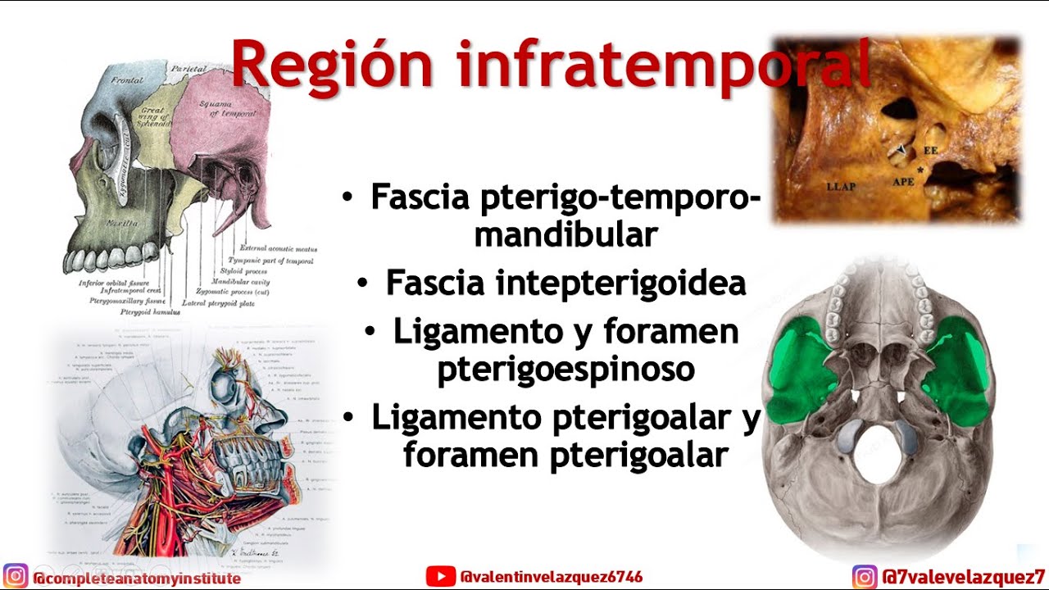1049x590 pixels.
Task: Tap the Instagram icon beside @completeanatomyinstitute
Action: (x=16, y=577)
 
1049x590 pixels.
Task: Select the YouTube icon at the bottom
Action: (x=440, y=577)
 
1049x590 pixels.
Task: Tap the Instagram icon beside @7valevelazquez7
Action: (x=864, y=577)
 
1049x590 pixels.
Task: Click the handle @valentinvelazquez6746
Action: (x=552, y=577)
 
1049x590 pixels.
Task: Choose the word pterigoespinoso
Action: (x=565, y=370)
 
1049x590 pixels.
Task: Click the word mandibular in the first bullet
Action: (x=565, y=235)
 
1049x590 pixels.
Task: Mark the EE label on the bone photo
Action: (x=931, y=151)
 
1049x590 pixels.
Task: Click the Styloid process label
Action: (x=244, y=270)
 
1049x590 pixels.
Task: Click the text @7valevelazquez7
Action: (x=963, y=577)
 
